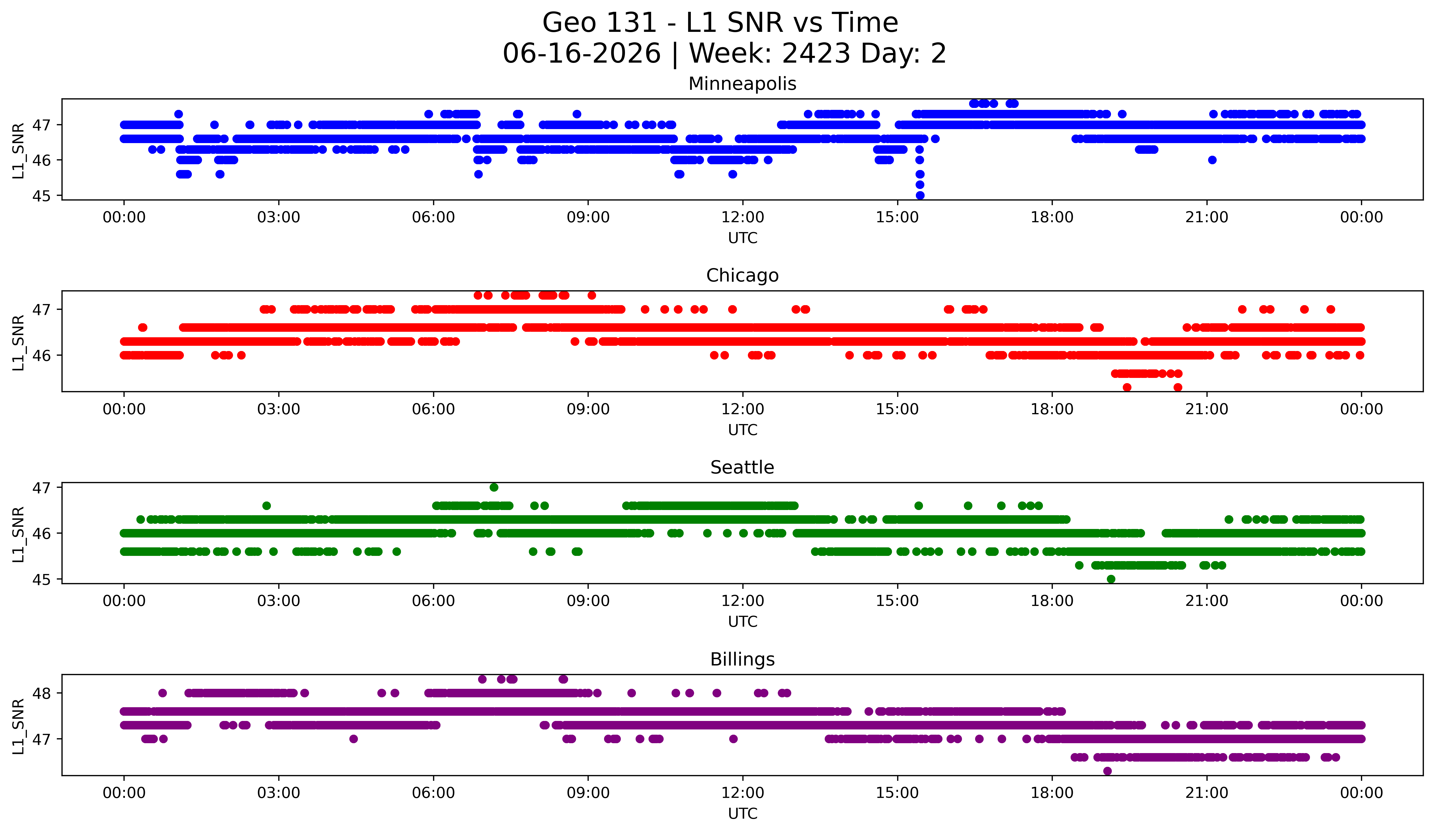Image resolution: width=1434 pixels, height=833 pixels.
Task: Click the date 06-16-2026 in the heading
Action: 582,54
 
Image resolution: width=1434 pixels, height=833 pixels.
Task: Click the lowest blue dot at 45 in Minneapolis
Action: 920,195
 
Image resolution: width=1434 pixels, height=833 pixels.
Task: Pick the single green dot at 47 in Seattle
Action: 494,487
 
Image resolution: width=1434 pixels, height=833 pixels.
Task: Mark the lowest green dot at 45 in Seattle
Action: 1111,579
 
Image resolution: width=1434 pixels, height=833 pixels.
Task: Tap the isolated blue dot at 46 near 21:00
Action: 1212,160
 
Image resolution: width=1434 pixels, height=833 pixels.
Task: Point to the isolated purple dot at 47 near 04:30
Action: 353,739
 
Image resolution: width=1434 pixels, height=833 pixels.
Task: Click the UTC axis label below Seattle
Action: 743,622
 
